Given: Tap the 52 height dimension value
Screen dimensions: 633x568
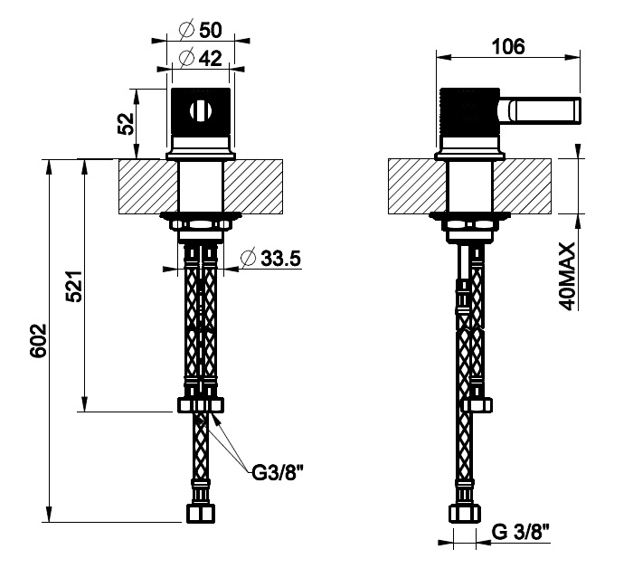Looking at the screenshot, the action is click(x=126, y=124).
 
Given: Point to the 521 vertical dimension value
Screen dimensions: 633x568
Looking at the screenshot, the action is click(x=75, y=286).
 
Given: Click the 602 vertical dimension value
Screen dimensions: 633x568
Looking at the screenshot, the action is click(x=39, y=340).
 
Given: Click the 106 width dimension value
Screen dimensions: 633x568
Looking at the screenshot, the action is click(x=508, y=47).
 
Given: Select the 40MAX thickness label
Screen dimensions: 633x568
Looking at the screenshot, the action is click(x=568, y=277).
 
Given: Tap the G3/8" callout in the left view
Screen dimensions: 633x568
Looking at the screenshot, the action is click(x=278, y=472).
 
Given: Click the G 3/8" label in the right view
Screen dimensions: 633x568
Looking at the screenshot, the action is click(x=521, y=532).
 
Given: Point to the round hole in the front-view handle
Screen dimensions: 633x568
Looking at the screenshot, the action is click(x=201, y=110).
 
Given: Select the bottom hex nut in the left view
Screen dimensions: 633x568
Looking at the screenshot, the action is click(x=201, y=513).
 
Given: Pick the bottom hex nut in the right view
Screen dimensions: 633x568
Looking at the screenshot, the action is click(x=464, y=514).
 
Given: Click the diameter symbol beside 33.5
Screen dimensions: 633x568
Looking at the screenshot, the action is click(x=248, y=259).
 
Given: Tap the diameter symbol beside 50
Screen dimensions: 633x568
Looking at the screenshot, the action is click(x=186, y=30).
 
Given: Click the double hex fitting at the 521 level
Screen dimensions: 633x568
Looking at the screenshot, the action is click(x=201, y=405).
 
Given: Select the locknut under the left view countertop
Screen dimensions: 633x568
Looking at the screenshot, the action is click(x=201, y=224).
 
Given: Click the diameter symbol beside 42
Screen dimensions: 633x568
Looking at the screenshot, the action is click(x=186, y=59).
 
